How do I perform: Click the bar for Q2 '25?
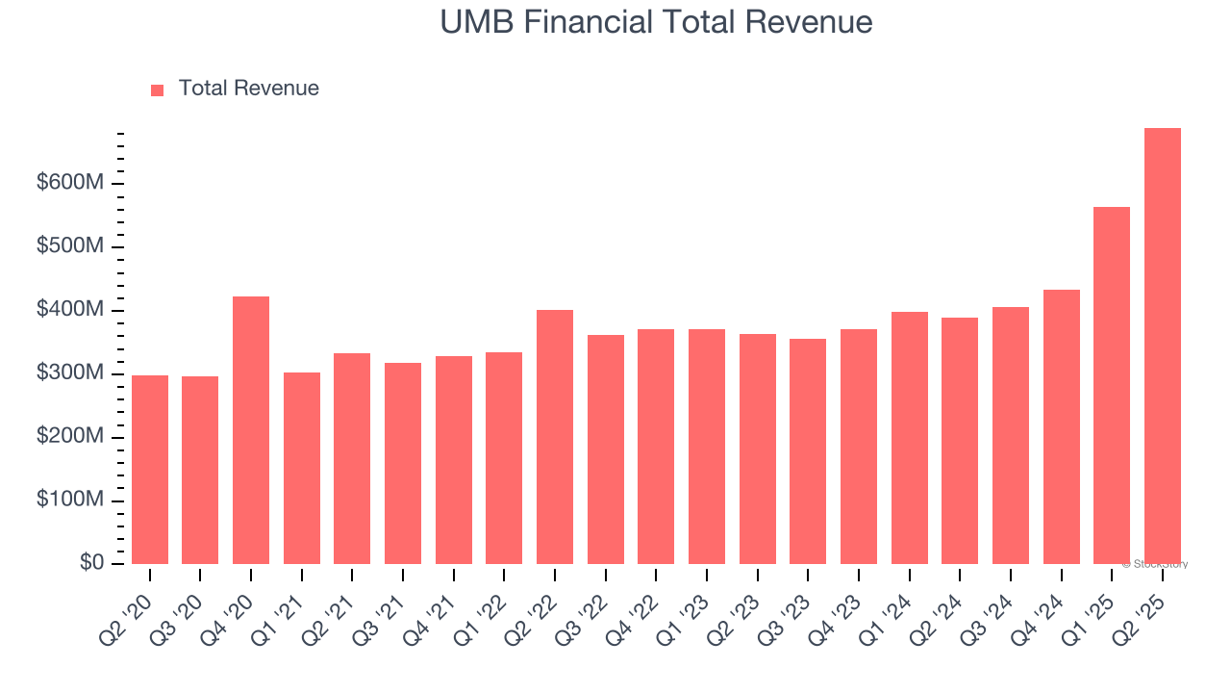(x=1162, y=346)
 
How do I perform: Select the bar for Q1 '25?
(x=1112, y=385)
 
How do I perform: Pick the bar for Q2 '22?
(x=555, y=437)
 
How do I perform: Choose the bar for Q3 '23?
(x=808, y=451)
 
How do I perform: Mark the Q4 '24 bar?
(x=1061, y=427)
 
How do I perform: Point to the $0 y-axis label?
(x=91, y=562)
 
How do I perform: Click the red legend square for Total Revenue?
(x=158, y=90)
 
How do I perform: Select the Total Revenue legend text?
(x=248, y=89)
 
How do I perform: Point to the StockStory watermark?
(x=1157, y=564)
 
